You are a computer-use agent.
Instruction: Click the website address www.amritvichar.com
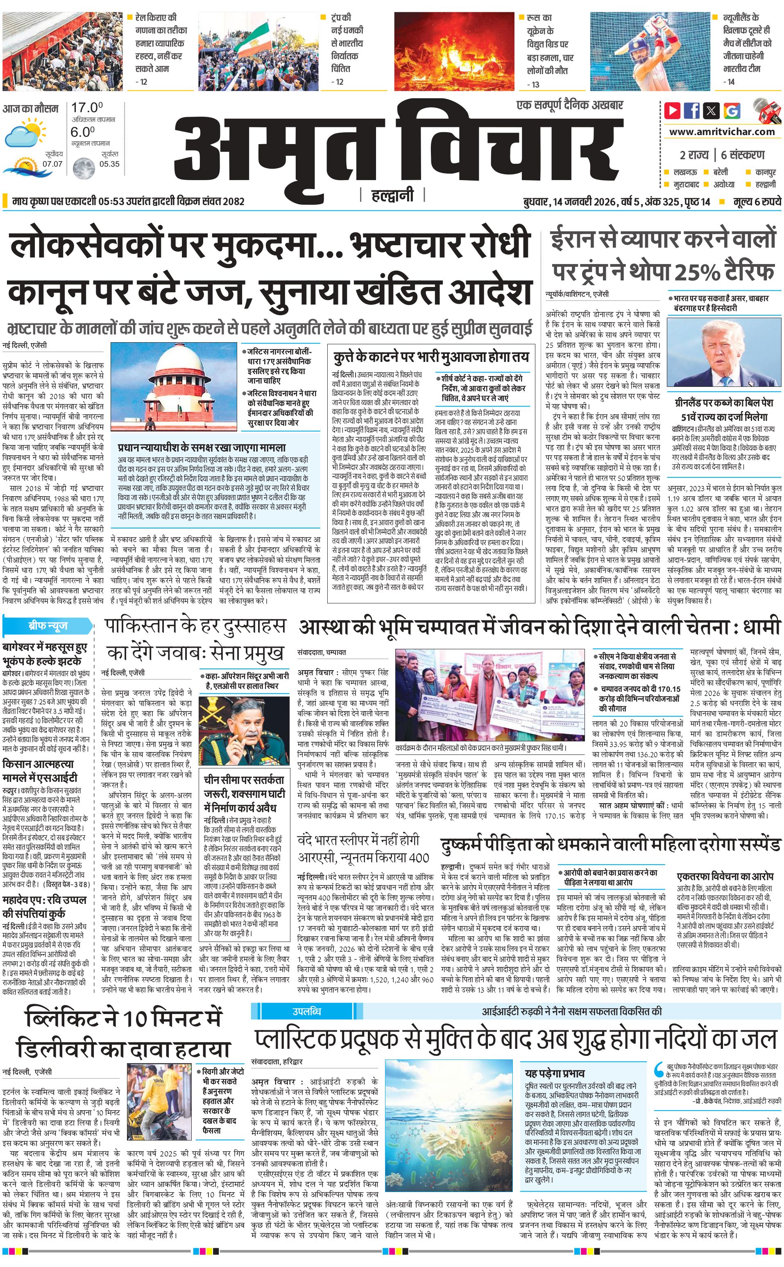pos(721,132)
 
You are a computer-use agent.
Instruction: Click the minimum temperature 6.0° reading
pos(83,132)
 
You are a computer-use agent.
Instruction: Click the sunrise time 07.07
pos(52,164)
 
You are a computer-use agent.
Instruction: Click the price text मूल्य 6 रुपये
pos(757,201)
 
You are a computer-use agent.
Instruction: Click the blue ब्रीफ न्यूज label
pos(48,626)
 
